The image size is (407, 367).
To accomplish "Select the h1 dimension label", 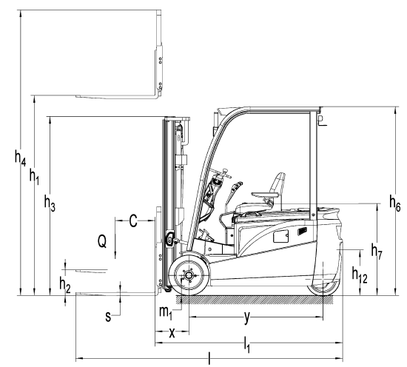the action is pos(34,176).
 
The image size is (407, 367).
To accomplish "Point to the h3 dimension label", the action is pos(50,203).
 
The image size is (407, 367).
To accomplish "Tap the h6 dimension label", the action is pos(395,203).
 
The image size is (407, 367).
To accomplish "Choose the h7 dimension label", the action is pos(377,252).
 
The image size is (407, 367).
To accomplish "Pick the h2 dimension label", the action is pos(65,284).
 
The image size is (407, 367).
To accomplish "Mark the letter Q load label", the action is pos(102,241).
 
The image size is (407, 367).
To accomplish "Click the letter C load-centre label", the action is pos(133,221).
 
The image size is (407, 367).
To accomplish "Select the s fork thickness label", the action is pos(108,317).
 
